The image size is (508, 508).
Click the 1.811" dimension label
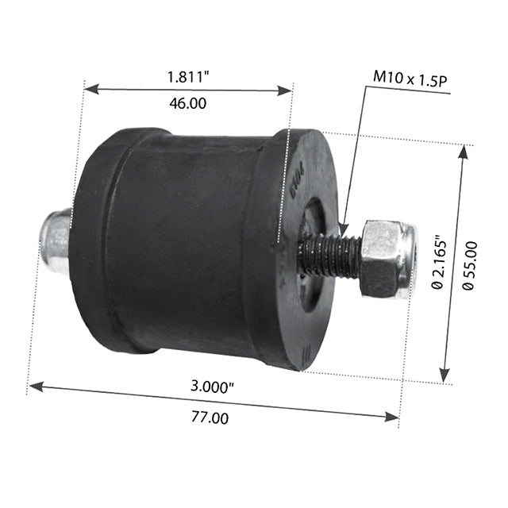tap(187, 78)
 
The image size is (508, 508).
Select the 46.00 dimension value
tap(187, 103)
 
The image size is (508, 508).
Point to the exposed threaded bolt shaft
tap(329, 256)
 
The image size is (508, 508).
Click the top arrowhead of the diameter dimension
tap(464, 152)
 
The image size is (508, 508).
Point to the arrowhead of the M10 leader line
tap(345, 231)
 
